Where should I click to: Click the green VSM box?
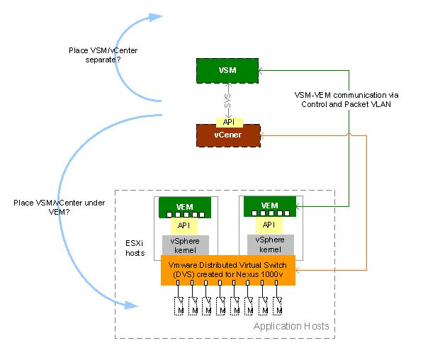click(x=228, y=71)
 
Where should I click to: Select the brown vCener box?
click(x=228, y=135)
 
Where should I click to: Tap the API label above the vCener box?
click(x=228, y=120)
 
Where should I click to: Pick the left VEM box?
click(x=184, y=207)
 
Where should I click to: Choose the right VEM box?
click(x=270, y=206)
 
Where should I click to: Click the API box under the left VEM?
click(x=184, y=225)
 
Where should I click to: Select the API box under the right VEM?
click(x=270, y=225)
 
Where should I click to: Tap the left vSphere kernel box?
click(x=184, y=244)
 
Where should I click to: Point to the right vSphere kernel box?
click(x=270, y=244)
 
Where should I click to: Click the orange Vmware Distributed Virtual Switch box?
click(x=227, y=270)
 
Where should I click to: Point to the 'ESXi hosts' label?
click(x=135, y=248)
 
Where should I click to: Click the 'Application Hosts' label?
click(x=291, y=325)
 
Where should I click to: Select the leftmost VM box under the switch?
click(x=179, y=305)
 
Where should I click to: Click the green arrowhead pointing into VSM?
click(x=264, y=71)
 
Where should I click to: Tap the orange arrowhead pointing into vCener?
click(x=264, y=135)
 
